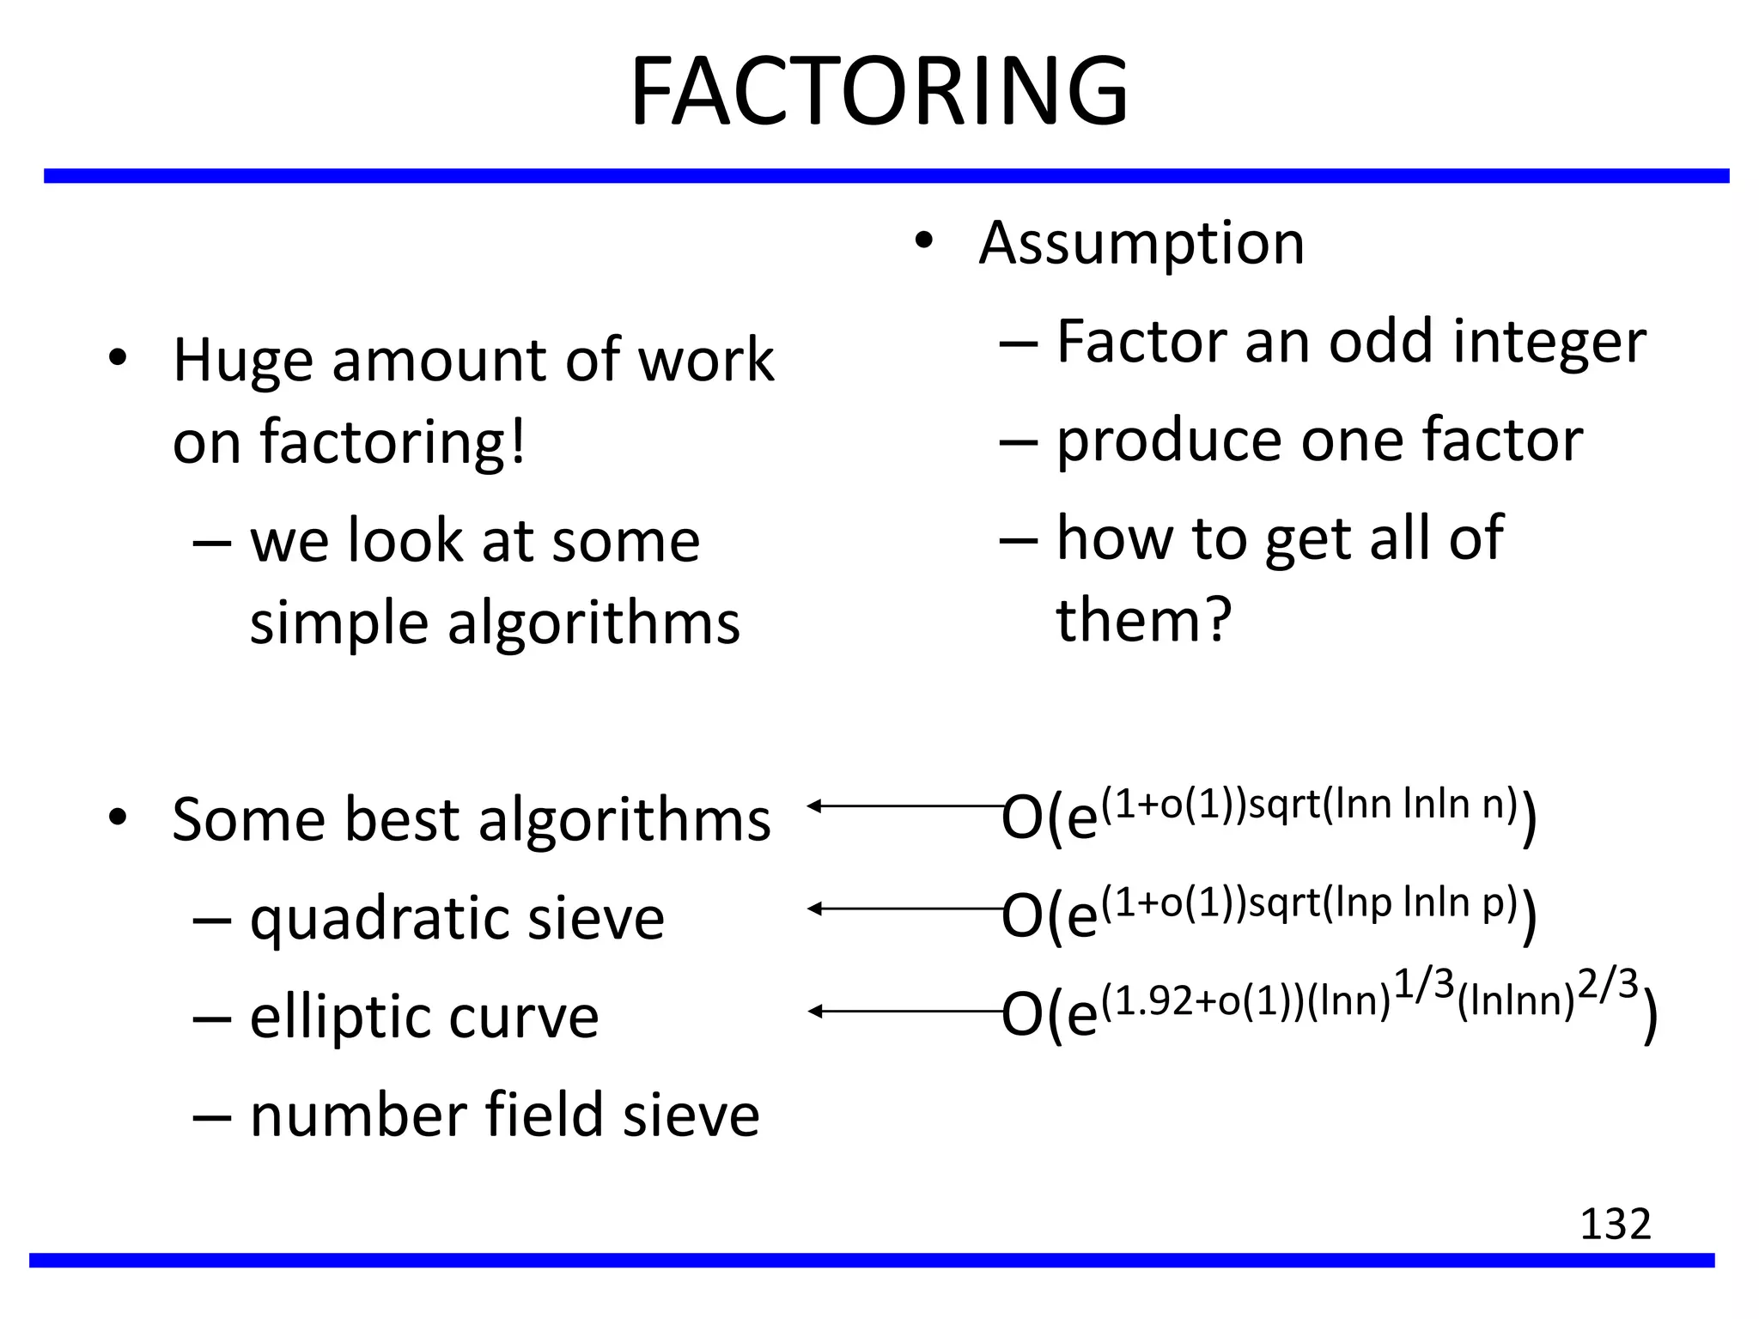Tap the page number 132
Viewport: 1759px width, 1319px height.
[1615, 1224]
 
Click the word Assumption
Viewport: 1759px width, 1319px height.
[1141, 243]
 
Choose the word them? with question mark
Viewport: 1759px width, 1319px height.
[1144, 620]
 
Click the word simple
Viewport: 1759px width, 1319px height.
[339, 624]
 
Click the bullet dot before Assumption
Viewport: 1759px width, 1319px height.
[923, 241]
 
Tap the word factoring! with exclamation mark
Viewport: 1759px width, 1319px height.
[392, 443]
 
